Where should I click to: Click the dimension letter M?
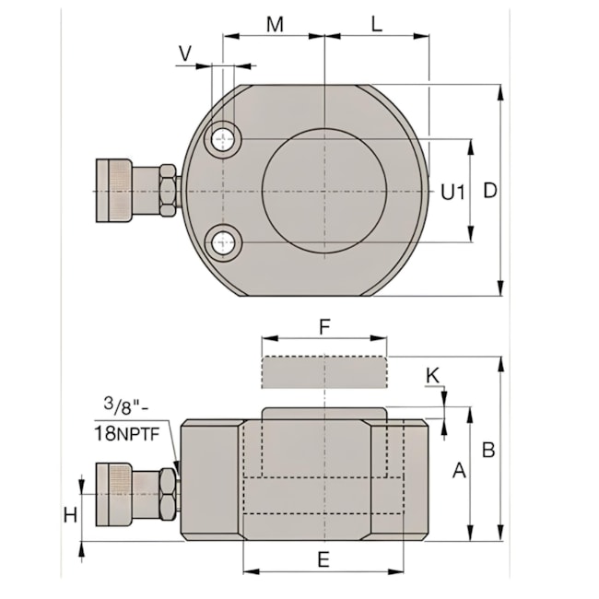pyautogui.click(x=274, y=24)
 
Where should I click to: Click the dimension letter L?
pyautogui.click(x=376, y=24)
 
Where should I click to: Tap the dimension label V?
pyautogui.click(x=185, y=53)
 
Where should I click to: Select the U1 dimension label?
pyautogui.click(x=452, y=192)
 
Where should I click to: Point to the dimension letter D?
pyautogui.click(x=490, y=191)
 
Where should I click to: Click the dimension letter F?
pyautogui.click(x=323, y=326)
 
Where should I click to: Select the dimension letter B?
pyautogui.click(x=489, y=450)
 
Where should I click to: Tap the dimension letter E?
pyautogui.click(x=323, y=558)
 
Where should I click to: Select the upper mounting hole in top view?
pyautogui.click(x=222, y=139)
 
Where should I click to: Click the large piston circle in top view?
pyautogui.click(x=324, y=191)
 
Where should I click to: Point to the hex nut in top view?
pyautogui.click(x=167, y=191)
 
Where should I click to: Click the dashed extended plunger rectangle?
pyautogui.click(x=323, y=373)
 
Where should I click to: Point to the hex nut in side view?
pyautogui.click(x=167, y=493)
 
